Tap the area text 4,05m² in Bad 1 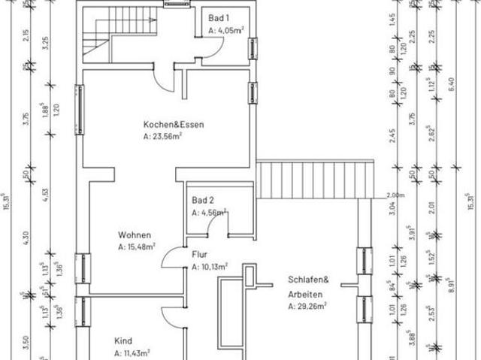pyautogui.click(x=229, y=32)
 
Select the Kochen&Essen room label pyautogui.click(x=174, y=125)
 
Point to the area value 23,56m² pyautogui.click(x=169, y=138)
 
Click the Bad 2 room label pyautogui.click(x=203, y=201)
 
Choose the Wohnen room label pyautogui.click(x=134, y=234)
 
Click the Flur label pyautogui.click(x=199, y=255)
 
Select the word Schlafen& pyautogui.click(x=305, y=280)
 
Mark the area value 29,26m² pyautogui.click(x=310, y=306)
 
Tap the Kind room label pyautogui.click(x=123, y=340)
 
